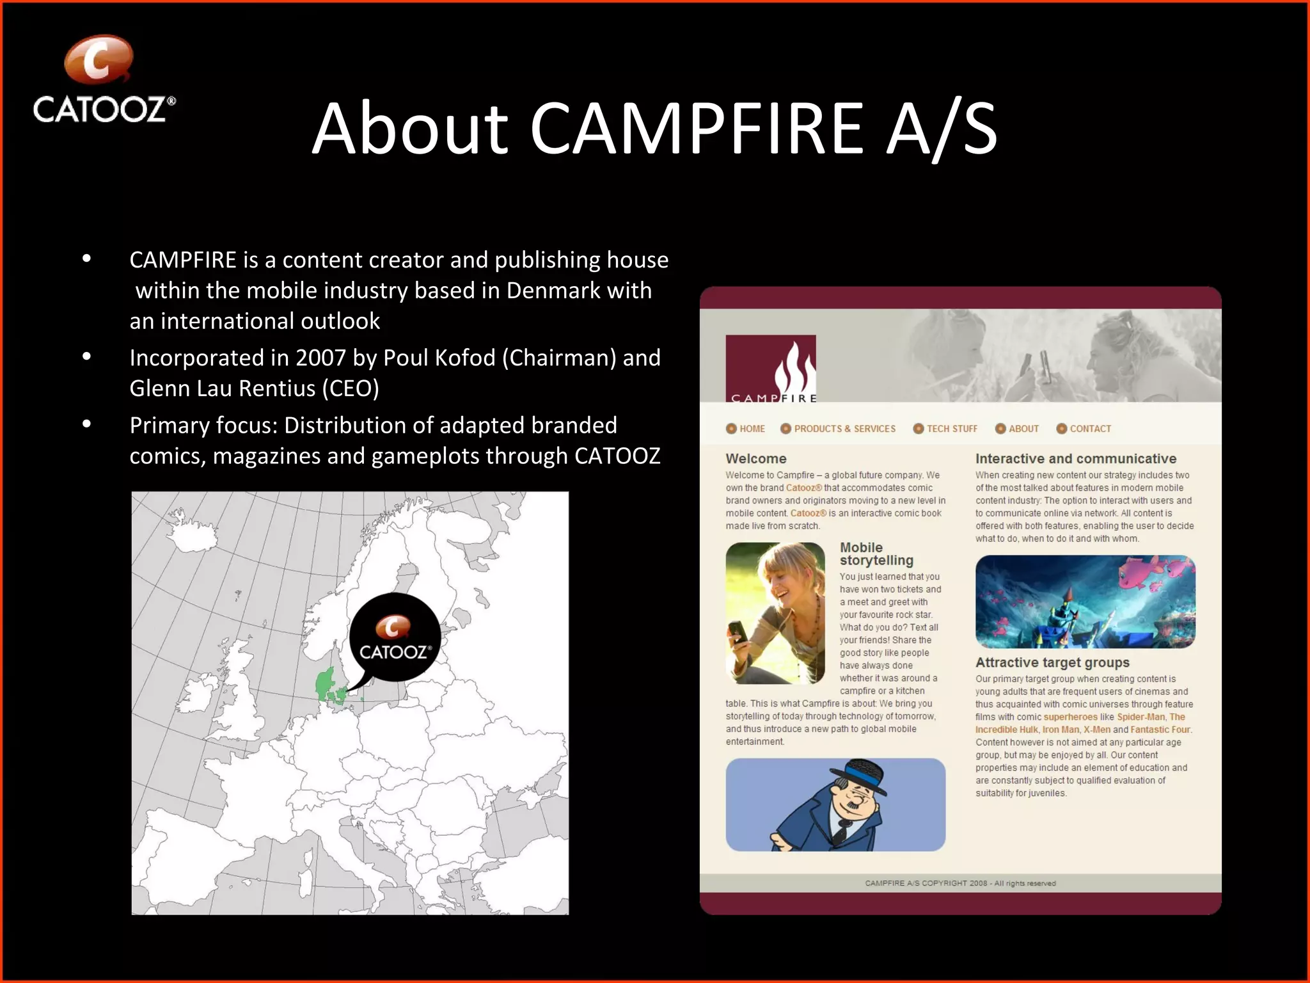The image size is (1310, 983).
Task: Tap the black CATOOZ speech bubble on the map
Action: point(395,637)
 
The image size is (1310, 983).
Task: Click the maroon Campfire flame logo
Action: point(771,368)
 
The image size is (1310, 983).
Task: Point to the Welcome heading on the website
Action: point(756,458)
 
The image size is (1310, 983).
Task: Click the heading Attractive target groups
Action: point(1052,662)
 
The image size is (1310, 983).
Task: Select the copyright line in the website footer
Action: point(960,883)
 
